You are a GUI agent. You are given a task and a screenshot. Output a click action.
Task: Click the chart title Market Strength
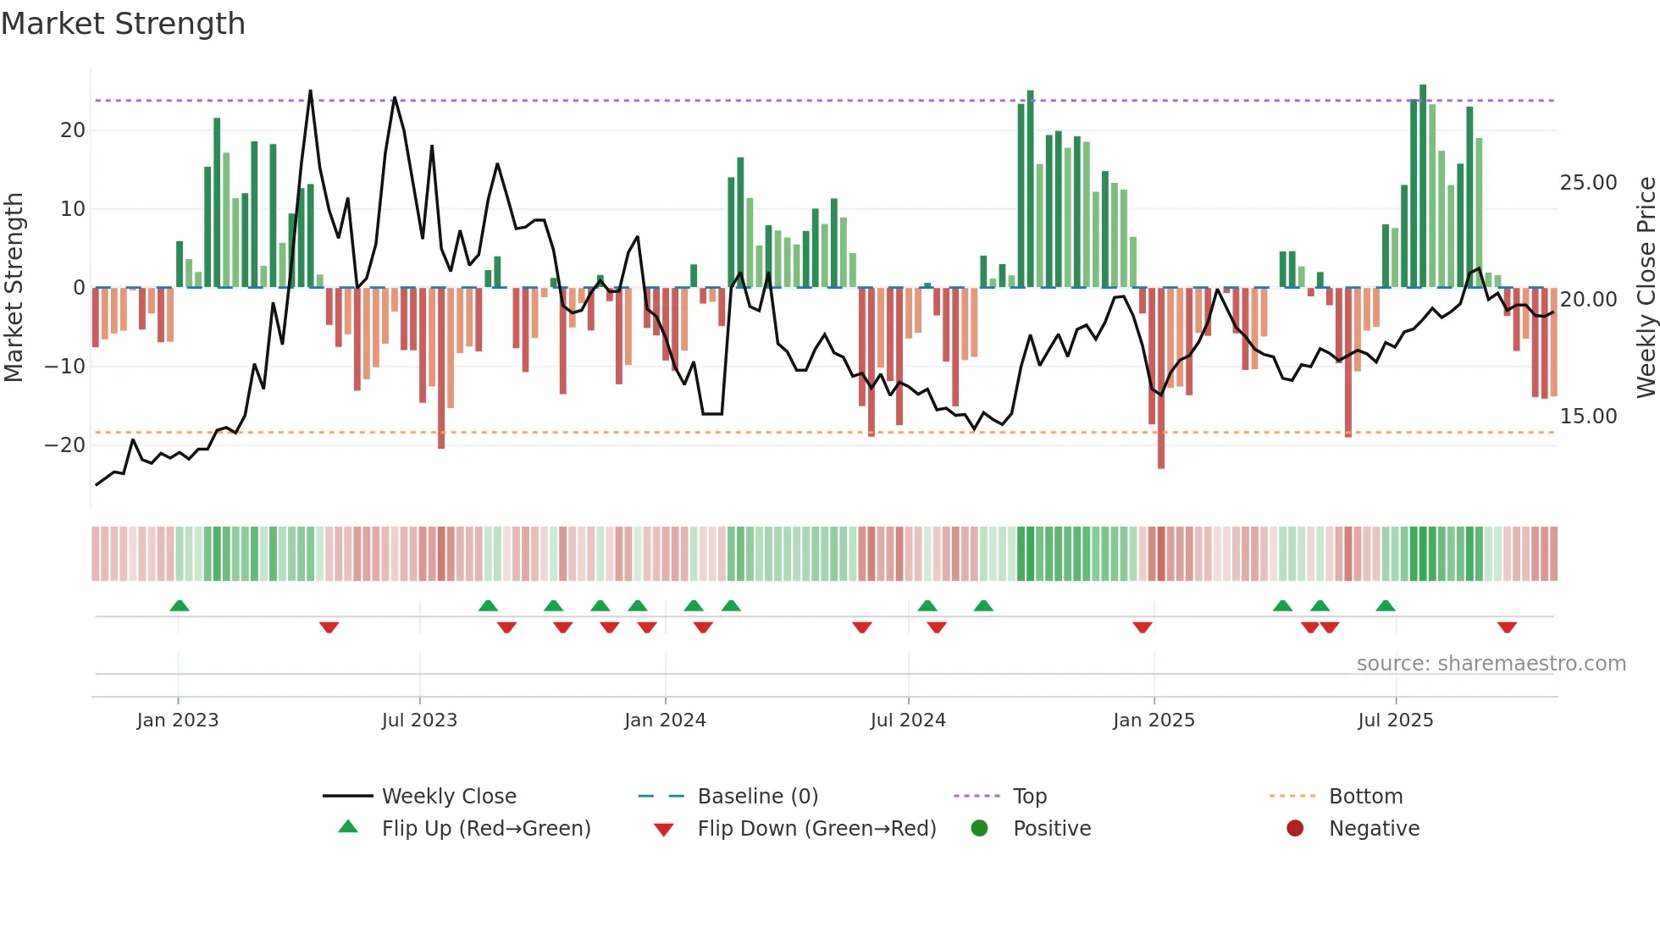124,24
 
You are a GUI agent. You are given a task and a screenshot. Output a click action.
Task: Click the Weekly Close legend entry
448,796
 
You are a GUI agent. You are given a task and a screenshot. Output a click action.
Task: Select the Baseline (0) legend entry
757,796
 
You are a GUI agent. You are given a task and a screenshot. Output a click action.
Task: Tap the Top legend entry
1029,796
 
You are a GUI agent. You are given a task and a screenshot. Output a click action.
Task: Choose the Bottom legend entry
1365,796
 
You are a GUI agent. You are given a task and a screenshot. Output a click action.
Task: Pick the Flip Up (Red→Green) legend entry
485,828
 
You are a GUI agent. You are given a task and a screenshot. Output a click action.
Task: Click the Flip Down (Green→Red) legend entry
816,828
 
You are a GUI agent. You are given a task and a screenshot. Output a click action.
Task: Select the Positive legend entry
1051,828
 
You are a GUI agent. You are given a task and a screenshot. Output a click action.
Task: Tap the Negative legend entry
1373,828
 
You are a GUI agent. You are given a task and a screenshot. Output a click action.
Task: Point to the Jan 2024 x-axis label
665,720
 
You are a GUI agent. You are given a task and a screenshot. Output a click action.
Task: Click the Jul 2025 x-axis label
1395,720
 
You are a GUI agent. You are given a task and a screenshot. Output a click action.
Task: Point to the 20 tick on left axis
73,130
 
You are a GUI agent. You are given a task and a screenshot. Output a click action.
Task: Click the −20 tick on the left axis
65,445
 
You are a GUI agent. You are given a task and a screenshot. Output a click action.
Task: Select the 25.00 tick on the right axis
1588,183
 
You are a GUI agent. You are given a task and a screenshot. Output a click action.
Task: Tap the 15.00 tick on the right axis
1588,417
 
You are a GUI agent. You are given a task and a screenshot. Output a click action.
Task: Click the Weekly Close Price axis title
1646,288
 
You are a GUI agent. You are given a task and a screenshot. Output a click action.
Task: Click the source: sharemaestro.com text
1491,663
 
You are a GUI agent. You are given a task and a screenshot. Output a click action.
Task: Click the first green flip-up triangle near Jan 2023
180,605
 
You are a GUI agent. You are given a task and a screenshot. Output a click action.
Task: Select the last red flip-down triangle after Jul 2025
1506,627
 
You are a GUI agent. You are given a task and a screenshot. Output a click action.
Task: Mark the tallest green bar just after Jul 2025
1423,186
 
